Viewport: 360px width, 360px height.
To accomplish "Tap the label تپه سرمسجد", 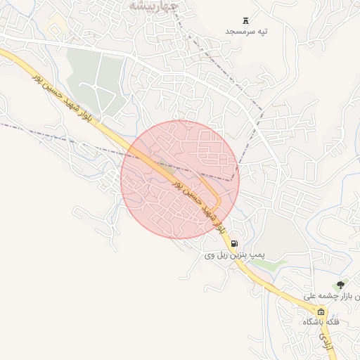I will click(247, 32).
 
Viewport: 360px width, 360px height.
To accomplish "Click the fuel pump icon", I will click(233, 244).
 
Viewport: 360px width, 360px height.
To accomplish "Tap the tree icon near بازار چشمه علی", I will click(341, 284).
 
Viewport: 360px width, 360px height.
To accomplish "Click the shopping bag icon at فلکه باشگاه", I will click(321, 311).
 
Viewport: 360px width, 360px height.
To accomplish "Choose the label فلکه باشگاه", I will click(321, 321).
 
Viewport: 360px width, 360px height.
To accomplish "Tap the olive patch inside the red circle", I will click(168, 169).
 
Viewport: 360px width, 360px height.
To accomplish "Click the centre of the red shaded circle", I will click(180, 179).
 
